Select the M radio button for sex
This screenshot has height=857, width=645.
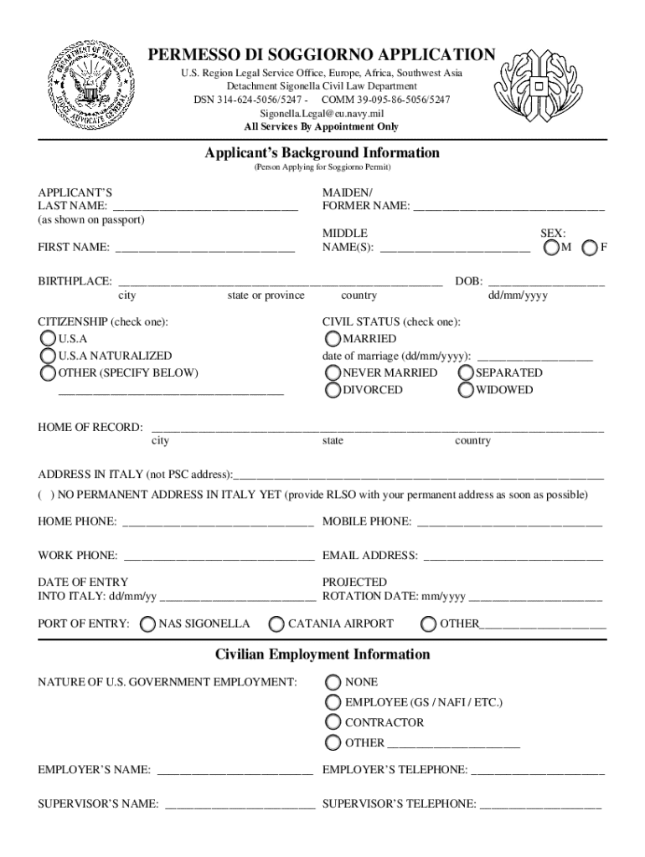pos(552,249)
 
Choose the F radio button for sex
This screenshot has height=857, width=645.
pos(591,249)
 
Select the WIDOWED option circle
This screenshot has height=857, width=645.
pos(467,390)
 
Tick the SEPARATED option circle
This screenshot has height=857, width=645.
pos(467,372)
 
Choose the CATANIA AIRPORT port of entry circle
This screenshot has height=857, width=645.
pos(276,624)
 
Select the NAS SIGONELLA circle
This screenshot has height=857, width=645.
pos(148,624)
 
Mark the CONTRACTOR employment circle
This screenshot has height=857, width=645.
pos(333,722)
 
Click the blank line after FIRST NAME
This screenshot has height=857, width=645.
pos(204,249)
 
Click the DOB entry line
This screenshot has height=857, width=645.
pos(545,282)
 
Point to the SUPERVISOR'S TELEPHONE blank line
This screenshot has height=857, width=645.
pos(540,805)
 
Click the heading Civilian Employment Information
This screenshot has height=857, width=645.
pos(322,654)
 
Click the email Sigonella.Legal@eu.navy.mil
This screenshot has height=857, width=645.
pos(322,112)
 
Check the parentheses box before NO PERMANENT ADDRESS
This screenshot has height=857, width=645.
pos(44,495)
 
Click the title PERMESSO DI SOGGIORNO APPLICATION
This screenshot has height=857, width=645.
pos(322,55)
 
